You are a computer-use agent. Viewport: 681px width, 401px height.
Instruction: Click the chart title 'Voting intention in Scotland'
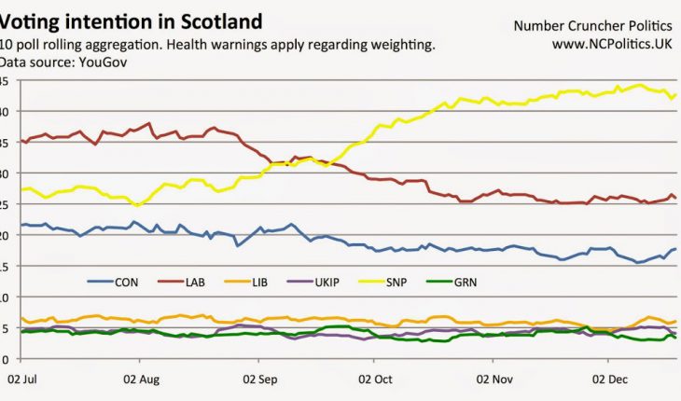click(131, 21)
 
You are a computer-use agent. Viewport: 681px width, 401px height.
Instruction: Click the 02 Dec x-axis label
click(611, 380)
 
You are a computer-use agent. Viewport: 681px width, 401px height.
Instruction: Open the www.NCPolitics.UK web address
click(612, 43)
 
